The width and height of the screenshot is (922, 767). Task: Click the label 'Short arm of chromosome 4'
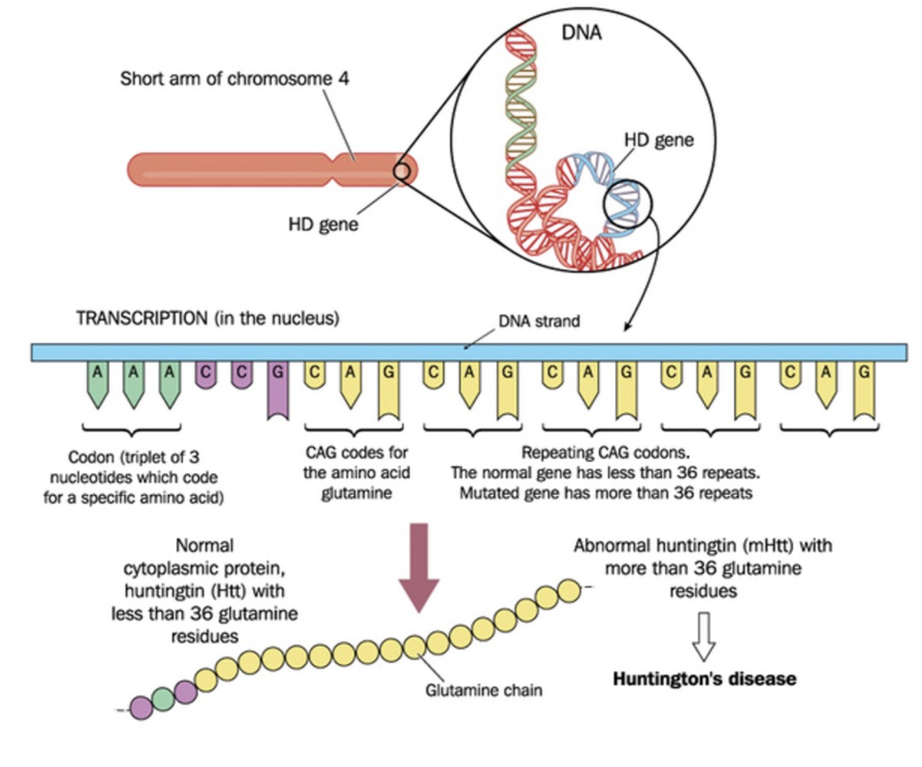pyautogui.click(x=233, y=78)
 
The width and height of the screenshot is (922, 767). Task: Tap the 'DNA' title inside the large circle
pyautogui.click(x=581, y=33)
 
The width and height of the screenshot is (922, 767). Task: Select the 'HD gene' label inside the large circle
pyautogui.click(x=658, y=140)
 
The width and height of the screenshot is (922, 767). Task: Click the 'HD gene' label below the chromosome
pyautogui.click(x=323, y=224)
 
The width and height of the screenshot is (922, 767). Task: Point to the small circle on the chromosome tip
pyautogui.click(x=401, y=171)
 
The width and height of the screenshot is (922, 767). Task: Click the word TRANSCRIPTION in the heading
pyautogui.click(x=141, y=318)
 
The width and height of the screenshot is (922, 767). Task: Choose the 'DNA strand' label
pyautogui.click(x=539, y=321)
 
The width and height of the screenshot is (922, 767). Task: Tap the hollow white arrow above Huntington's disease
pyautogui.click(x=703, y=636)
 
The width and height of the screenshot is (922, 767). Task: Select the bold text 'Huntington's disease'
pyautogui.click(x=704, y=679)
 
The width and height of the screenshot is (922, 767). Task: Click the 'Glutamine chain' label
pyautogui.click(x=484, y=691)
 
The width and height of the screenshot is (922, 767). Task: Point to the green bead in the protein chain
pyautogui.click(x=163, y=698)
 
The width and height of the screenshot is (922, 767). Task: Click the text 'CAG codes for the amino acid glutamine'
pyautogui.click(x=356, y=472)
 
